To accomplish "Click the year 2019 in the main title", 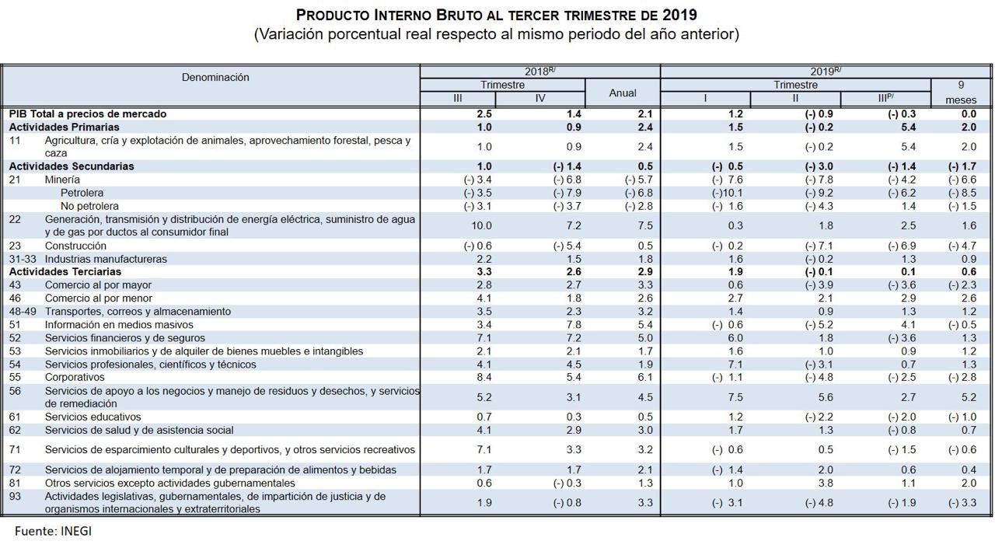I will point(679,15).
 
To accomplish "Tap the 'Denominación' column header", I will point(215,77).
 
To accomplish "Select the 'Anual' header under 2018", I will point(622,92).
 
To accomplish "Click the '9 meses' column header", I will point(960,92).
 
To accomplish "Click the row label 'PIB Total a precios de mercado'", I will point(87,113).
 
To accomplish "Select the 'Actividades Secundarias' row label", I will point(71,166).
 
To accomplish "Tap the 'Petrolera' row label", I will point(82,193).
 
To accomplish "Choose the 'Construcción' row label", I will point(76,246).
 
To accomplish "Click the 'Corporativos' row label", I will point(75,377).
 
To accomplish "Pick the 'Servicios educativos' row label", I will point(93,417).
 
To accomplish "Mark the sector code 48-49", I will point(23,312).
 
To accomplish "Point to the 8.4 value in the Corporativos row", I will point(484,377).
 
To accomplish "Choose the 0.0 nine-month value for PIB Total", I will point(968,113).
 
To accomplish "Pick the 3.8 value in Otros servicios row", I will point(825,483).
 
